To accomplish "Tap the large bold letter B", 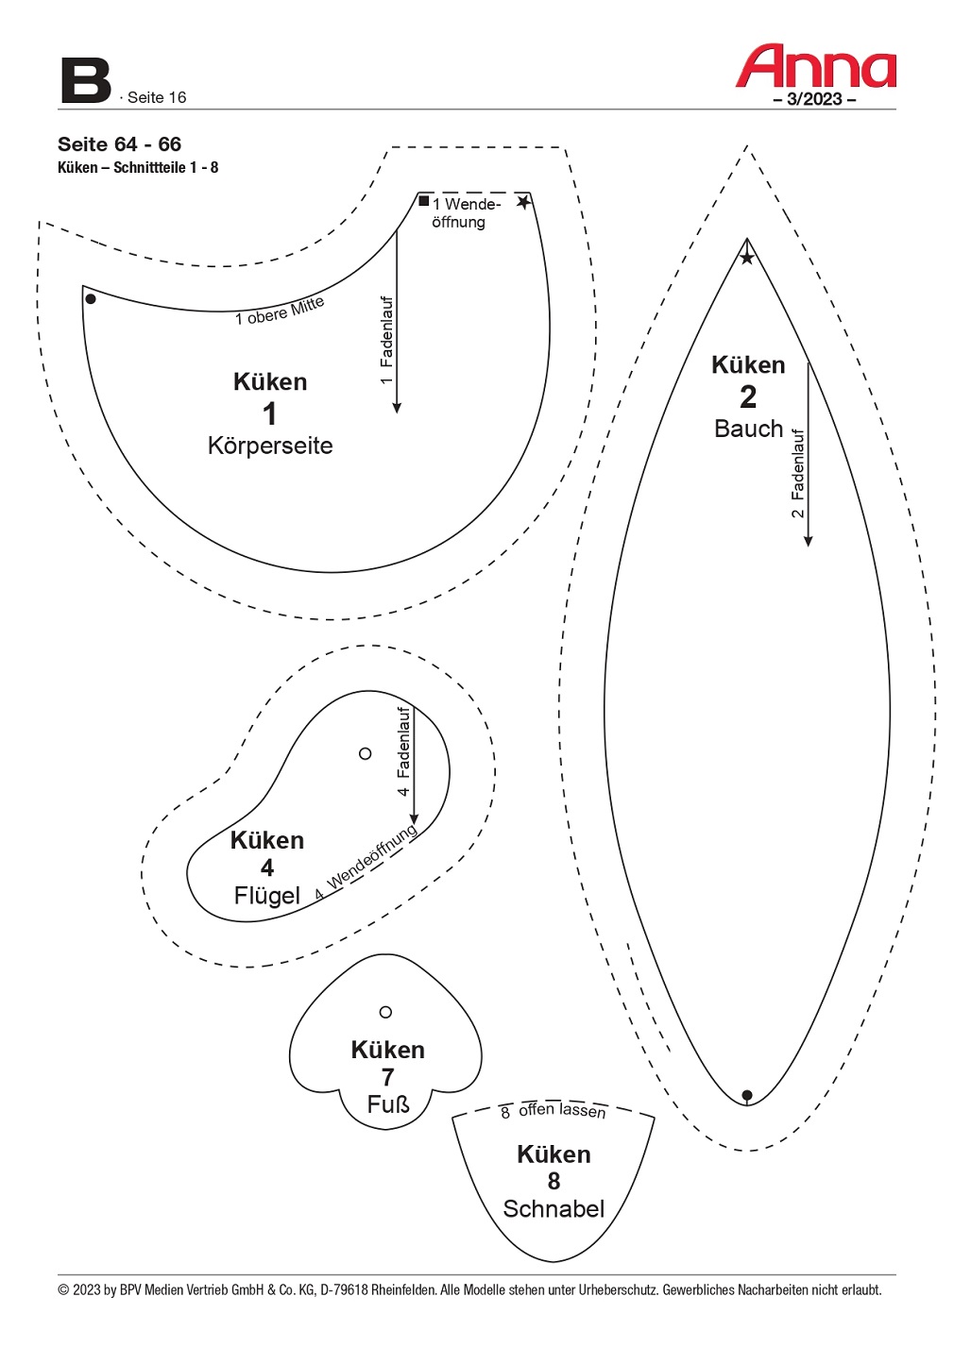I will (x=85, y=81).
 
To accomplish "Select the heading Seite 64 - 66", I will (x=119, y=144).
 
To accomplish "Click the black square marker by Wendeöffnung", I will (x=424, y=201).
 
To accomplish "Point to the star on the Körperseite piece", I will (x=523, y=202).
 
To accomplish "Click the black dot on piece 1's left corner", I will (x=91, y=299).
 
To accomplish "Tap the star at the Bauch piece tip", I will (x=747, y=258).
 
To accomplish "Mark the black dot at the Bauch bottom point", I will (x=747, y=1095).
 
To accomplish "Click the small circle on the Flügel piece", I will (x=366, y=753).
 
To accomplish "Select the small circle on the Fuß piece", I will (x=385, y=1012).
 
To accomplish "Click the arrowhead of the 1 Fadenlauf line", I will (x=397, y=407).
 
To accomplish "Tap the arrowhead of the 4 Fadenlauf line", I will (x=414, y=819).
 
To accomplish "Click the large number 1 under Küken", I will (x=270, y=413).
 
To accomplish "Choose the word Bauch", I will (x=748, y=429).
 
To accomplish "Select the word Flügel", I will (x=266, y=895).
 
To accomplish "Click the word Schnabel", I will (x=554, y=1208).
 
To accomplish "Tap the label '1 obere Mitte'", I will (x=280, y=311).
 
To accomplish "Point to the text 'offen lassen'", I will (x=562, y=1110).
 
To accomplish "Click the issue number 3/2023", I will (x=814, y=99).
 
